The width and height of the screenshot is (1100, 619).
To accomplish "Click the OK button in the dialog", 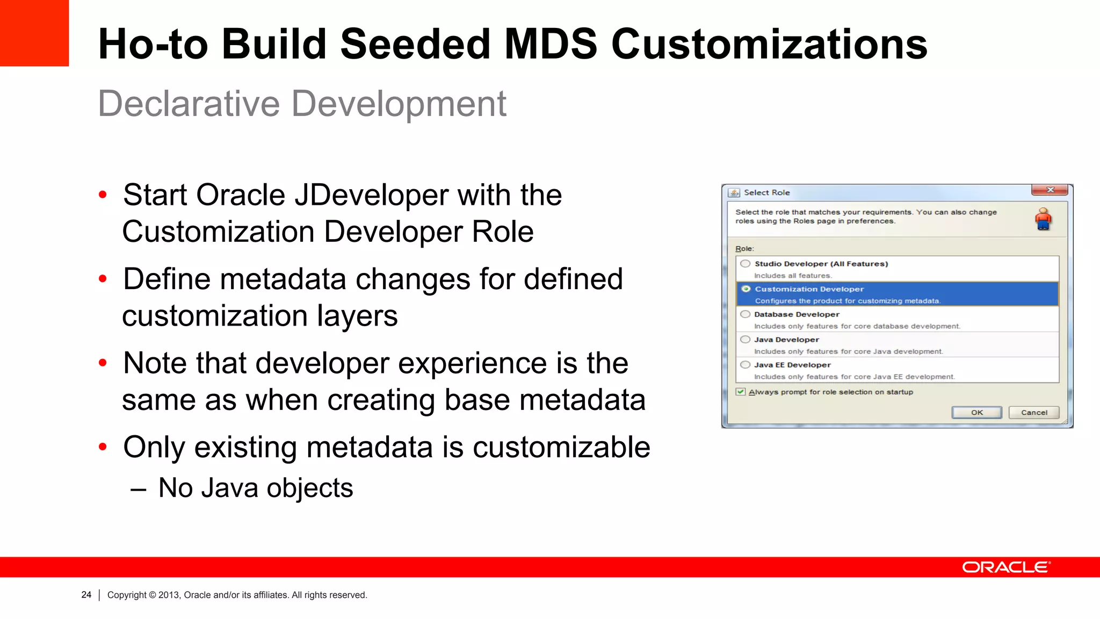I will click(976, 413).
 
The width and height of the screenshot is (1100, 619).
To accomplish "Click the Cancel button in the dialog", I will click(1033, 413).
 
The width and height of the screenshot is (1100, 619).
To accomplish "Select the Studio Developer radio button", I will click(746, 264).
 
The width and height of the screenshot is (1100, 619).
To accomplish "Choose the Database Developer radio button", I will click(746, 314).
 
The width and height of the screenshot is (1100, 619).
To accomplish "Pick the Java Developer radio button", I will click(746, 340).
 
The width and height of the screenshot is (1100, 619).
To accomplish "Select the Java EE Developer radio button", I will click(746, 365).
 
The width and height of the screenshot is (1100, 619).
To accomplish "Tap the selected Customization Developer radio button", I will click(746, 289).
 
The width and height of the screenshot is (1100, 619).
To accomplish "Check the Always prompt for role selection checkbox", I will click(741, 392).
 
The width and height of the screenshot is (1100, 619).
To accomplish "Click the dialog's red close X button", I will click(1050, 190).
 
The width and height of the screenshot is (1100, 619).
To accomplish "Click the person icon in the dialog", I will click(1043, 219).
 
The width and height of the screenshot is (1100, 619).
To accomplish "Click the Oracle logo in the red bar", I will click(1005, 567).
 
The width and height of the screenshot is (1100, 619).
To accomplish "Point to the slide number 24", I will click(86, 595).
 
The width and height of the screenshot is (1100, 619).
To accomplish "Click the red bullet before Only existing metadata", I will click(103, 447).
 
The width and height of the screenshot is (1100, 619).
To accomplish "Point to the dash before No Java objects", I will click(138, 489).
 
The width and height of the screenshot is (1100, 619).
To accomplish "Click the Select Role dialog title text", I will click(766, 192).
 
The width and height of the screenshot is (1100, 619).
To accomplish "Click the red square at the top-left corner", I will click(34, 33).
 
